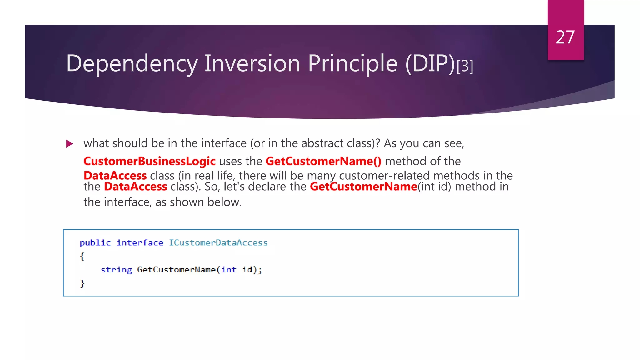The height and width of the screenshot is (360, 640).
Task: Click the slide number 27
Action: coord(565,37)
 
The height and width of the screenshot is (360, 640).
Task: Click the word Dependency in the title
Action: coord(132,64)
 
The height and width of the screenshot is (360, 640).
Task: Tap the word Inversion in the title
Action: coord(252,63)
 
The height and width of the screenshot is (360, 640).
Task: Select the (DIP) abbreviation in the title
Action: coord(430,64)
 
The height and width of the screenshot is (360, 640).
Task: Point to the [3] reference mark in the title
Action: coord(465,66)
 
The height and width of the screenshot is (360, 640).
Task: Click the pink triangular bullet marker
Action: coord(70,144)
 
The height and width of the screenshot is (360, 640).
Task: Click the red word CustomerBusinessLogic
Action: coord(149,161)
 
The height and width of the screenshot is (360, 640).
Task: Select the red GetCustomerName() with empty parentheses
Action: coord(323,161)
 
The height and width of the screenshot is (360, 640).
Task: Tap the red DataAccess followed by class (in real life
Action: coord(115,176)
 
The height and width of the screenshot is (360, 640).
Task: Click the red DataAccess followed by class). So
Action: coord(135,187)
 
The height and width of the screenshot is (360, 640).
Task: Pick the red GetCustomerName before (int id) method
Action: coord(363,187)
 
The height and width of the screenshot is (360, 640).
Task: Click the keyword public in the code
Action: coord(95,243)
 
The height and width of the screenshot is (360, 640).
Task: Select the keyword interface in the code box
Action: coord(140,243)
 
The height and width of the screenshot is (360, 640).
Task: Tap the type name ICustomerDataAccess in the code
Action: coord(218,243)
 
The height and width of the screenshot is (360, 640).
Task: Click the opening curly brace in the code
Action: coord(82,257)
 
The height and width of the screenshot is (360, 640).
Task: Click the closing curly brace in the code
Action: coord(82,283)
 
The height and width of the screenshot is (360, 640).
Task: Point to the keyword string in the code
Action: coord(116,270)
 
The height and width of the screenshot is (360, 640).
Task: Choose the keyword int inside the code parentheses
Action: coord(229,270)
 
